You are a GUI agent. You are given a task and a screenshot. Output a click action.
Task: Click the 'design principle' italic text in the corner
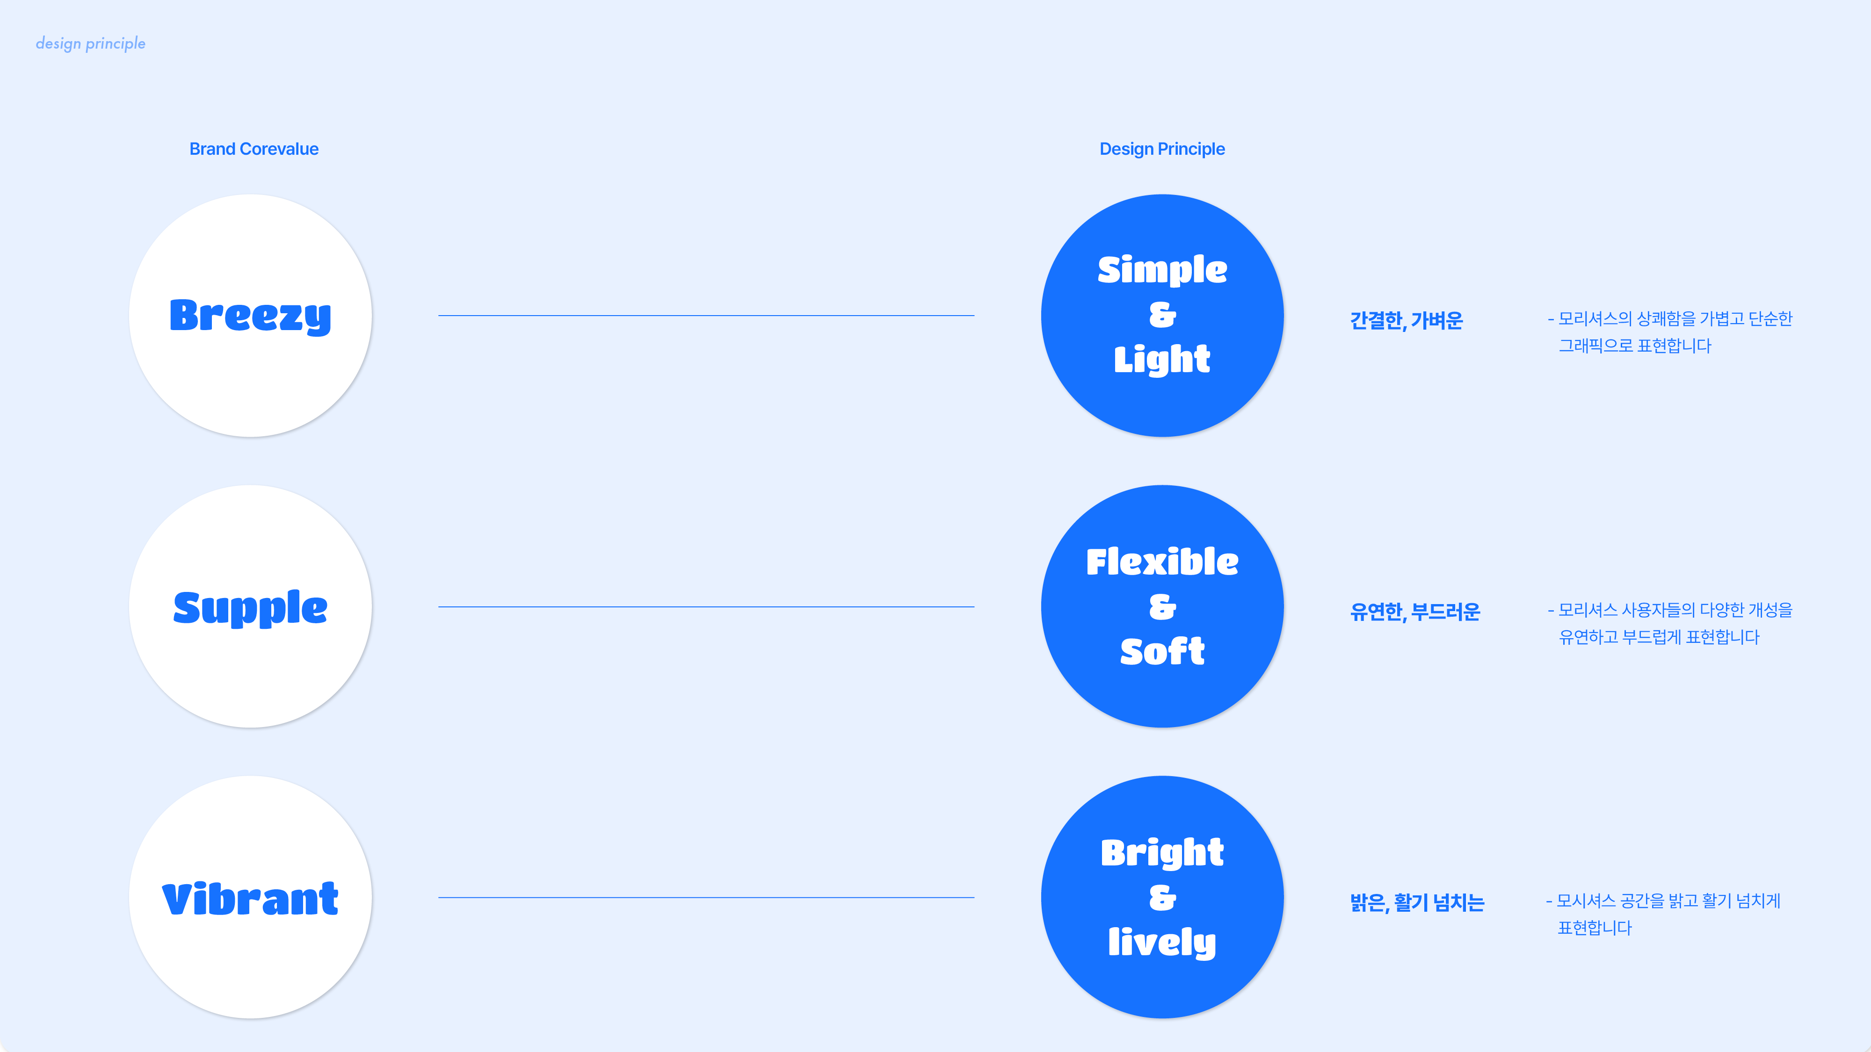[x=91, y=43]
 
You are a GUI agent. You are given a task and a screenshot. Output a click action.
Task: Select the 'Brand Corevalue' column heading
[x=254, y=149]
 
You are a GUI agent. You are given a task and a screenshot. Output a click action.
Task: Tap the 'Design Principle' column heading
[x=1162, y=149]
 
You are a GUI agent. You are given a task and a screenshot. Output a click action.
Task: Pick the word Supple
[x=251, y=608]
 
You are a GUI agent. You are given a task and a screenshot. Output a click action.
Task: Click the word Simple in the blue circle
[x=1162, y=270]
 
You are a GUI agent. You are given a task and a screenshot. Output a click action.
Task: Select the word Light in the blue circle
[x=1162, y=360]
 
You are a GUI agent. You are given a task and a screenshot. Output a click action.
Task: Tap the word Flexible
[x=1162, y=562]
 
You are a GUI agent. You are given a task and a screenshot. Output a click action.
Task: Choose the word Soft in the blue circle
[x=1162, y=651]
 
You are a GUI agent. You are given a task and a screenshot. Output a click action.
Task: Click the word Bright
[x=1162, y=852]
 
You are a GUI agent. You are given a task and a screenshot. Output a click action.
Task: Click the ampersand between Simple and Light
[x=1162, y=315]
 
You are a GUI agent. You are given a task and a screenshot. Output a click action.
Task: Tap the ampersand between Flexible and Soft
[x=1162, y=607]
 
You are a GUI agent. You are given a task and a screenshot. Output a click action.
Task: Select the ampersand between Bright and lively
[x=1162, y=898]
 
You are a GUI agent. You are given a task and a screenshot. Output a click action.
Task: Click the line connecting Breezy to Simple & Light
[x=706, y=316]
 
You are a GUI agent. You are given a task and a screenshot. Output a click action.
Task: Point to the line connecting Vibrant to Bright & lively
[x=706, y=898]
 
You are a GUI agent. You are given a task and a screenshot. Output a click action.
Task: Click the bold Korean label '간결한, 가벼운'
[x=1406, y=320]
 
